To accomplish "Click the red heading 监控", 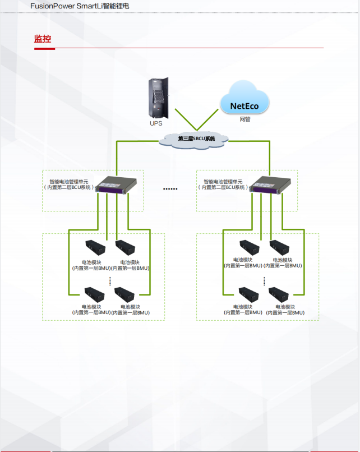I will click(43, 39).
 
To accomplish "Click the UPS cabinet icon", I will click(159, 98).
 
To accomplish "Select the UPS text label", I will click(156, 123).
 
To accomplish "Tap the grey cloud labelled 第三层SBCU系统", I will click(196, 138).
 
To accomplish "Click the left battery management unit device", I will click(116, 185).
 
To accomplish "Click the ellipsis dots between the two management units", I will click(170, 189).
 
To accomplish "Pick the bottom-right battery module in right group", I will click(279, 294).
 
